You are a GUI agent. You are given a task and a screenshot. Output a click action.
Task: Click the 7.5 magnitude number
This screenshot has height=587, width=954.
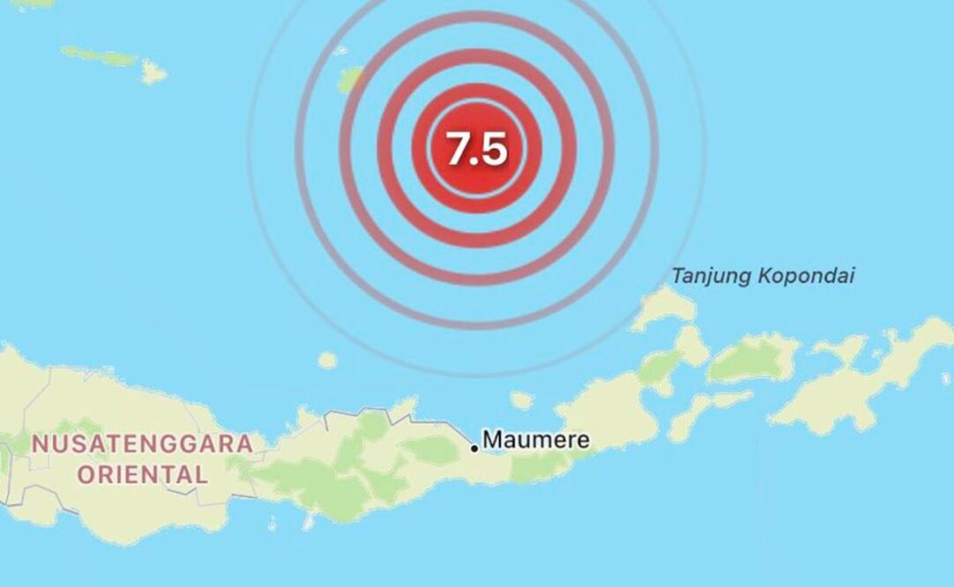point(476,148)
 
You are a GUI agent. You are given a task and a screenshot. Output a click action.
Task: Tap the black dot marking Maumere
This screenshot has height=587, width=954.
point(474,449)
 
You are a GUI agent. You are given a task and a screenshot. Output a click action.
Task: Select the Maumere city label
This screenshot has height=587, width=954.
point(535,439)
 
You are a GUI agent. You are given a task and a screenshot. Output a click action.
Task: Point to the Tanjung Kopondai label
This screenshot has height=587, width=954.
point(763,276)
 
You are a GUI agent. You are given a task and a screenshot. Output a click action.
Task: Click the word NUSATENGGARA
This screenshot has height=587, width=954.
point(142,443)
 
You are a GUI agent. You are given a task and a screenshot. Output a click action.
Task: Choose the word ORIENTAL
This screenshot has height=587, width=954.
point(142,475)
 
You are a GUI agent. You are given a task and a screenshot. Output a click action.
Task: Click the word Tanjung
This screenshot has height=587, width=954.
point(707,276)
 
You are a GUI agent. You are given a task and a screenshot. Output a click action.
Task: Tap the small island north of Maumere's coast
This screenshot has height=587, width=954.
point(522,400)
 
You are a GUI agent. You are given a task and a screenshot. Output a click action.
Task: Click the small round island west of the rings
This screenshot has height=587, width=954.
point(327,360)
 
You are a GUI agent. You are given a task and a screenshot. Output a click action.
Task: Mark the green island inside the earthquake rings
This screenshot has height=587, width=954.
point(351,79)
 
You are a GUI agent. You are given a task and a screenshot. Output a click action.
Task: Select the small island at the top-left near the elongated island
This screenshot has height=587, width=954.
point(153,72)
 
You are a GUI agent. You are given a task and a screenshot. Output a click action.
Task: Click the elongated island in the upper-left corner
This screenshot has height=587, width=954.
point(99,56)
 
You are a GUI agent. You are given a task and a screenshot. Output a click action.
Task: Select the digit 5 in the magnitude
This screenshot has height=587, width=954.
point(495,148)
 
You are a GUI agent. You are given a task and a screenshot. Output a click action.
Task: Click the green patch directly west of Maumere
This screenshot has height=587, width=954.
point(432,449)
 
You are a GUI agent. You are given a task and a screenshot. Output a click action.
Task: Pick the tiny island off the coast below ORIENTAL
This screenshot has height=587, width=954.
point(308,522)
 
